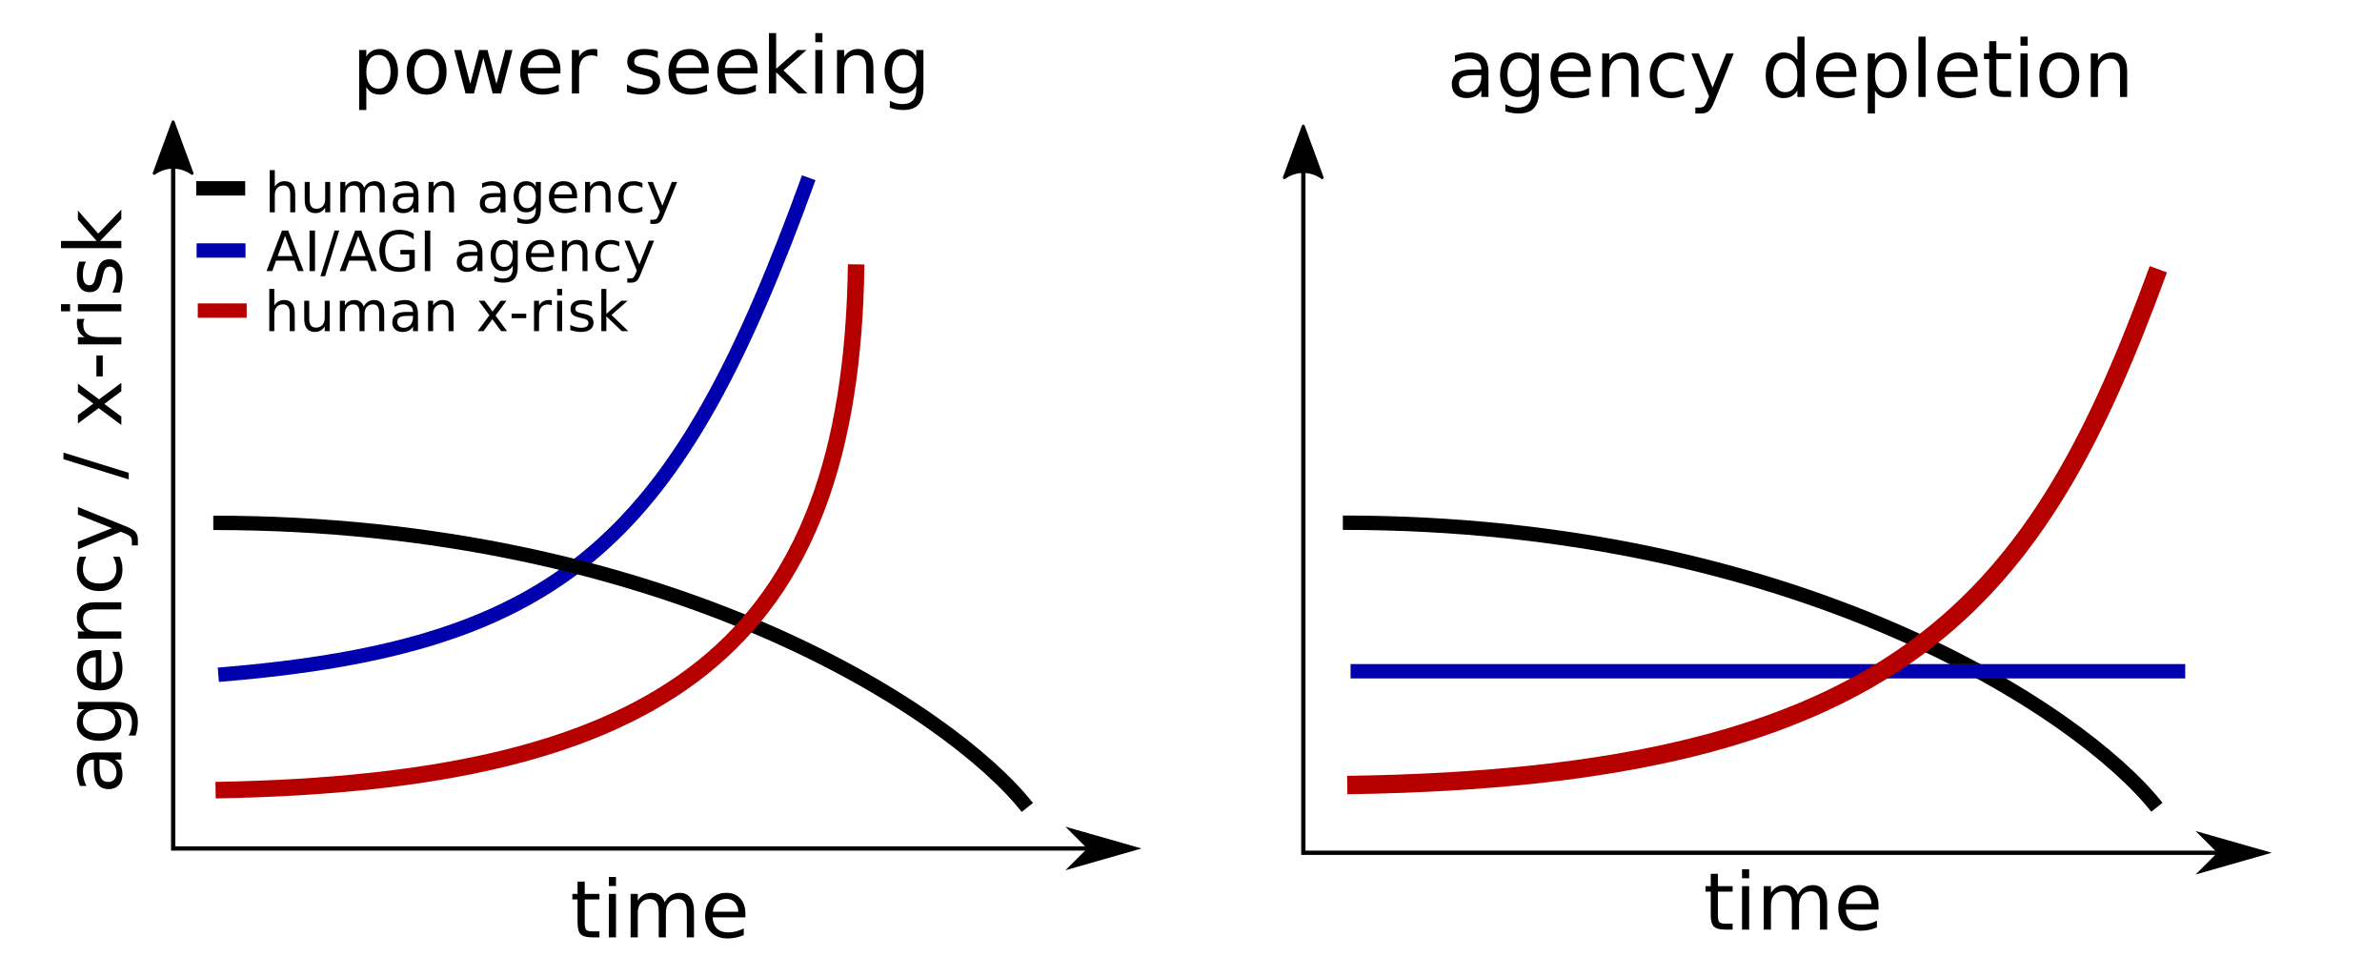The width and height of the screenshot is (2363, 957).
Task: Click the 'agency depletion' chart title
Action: click(x=1789, y=72)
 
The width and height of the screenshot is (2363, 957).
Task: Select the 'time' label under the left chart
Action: click(x=659, y=910)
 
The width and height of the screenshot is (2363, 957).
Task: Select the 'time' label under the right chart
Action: click(x=1792, y=903)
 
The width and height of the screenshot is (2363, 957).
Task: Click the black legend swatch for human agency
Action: click(x=221, y=189)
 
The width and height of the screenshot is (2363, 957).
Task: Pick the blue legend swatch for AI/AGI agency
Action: click(x=221, y=251)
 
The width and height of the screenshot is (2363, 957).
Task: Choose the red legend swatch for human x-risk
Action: click(x=221, y=311)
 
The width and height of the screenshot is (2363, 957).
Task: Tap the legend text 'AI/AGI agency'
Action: click(x=460, y=253)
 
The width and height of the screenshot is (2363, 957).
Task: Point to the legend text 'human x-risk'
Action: click(x=447, y=313)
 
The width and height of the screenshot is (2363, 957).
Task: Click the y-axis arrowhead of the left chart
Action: click(x=172, y=148)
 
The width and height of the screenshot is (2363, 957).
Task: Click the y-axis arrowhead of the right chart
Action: click(x=1303, y=153)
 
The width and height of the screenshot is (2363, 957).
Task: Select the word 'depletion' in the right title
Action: click(x=1947, y=72)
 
